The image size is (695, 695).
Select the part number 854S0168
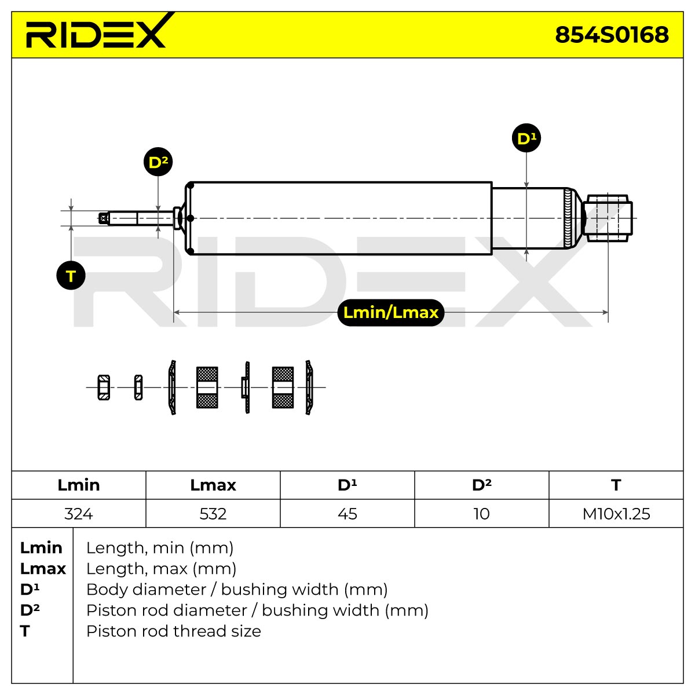(x=612, y=35)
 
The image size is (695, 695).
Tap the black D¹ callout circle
(x=526, y=138)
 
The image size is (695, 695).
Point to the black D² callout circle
(x=158, y=162)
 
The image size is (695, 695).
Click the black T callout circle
(x=71, y=276)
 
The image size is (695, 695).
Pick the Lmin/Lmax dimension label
(x=390, y=313)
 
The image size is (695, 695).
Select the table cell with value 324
(x=79, y=514)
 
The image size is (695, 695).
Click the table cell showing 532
(x=213, y=514)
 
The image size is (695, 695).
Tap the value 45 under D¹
(x=348, y=514)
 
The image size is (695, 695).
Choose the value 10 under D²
(x=481, y=514)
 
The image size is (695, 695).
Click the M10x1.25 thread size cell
(x=616, y=514)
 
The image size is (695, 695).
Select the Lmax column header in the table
(x=213, y=485)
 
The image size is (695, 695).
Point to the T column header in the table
(x=616, y=485)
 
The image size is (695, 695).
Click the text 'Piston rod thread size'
(x=174, y=631)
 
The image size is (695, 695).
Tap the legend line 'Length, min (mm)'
(x=160, y=548)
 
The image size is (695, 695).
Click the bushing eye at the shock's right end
(x=608, y=218)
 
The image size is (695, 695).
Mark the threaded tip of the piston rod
(x=104, y=218)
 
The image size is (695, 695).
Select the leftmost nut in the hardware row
(x=104, y=387)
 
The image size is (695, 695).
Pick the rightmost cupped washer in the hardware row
(x=309, y=387)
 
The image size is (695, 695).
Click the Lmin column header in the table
(x=79, y=485)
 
